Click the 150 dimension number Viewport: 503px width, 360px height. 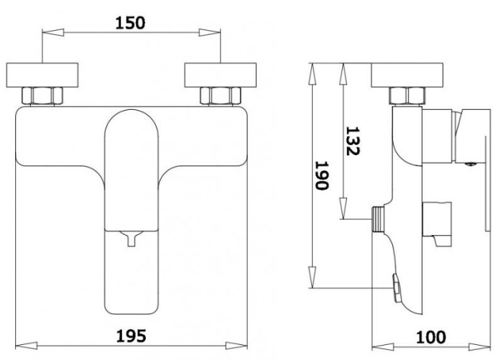click(x=130, y=23)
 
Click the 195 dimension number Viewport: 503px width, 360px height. click(x=131, y=336)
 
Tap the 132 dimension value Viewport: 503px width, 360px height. click(x=353, y=141)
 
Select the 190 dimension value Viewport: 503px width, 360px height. click(x=322, y=175)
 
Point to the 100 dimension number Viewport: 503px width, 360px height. click(x=431, y=337)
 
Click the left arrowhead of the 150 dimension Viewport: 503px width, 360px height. click(x=53, y=32)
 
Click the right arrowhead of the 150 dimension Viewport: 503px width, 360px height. click(x=210, y=32)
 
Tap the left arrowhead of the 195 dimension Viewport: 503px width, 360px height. click(x=27, y=346)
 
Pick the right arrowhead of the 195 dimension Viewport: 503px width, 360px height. click(x=236, y=346)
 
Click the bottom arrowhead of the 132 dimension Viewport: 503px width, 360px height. click(x=343, y=208)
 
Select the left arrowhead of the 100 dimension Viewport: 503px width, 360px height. click(x=383, y=347)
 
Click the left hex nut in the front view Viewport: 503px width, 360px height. click(x=42, y=96)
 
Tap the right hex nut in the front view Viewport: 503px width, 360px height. click(x=221, y=96)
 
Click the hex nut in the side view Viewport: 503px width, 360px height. click(x=407, y=96)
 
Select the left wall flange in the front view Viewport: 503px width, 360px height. click(x=42, y=75)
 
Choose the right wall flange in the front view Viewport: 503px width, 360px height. click(x=221, y=75)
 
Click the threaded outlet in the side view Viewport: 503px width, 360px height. click(x=379, y=219)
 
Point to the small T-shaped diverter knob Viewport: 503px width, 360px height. click(x=131, y=239)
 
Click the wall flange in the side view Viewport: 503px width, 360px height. click(x=407, y=75)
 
